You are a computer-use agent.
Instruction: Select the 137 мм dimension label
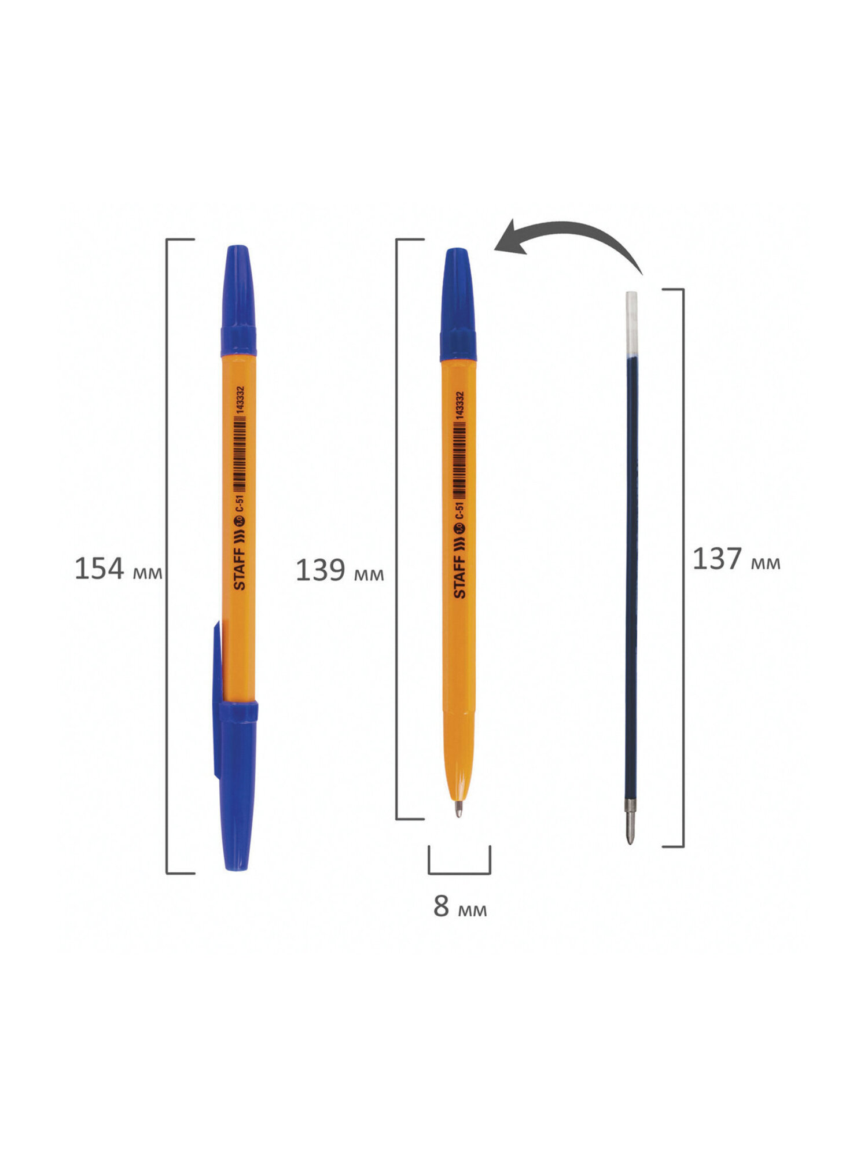point(737,559)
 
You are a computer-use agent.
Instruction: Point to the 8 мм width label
point(460,906)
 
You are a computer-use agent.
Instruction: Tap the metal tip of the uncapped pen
point(458,808)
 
